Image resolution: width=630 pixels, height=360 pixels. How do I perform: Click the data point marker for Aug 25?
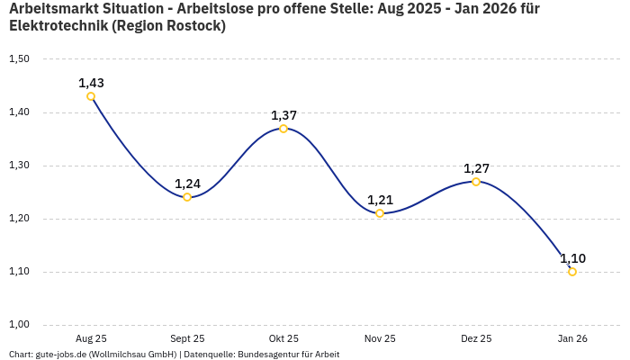click(x=91, y=96)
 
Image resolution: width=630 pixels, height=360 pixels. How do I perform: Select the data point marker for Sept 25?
click(x=187, y=197)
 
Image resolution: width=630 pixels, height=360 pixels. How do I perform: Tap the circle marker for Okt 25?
click(x=283, y=129)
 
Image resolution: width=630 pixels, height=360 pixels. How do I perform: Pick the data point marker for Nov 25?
click(x=380, y=213)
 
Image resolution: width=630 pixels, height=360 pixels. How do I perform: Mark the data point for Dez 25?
click(x=476, y=182)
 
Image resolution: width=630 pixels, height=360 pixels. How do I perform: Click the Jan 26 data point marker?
click(x=572, y=272)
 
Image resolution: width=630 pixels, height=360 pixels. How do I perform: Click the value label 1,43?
click(x=91, y=83)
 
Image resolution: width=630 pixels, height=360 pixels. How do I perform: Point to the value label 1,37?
click(x=283, y=115)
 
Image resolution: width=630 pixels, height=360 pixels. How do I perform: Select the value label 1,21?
click(x=380, y=200)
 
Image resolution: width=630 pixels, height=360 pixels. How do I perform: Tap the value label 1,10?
click(x=572, y=258)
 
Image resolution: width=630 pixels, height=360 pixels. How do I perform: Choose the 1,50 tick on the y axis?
click(x=19, y=59)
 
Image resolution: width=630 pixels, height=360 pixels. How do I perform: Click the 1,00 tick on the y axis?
click(x=19, y=325)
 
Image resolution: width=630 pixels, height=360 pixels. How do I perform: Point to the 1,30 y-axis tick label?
click(x=19, y=166)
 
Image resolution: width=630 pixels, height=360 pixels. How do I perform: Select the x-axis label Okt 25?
click(x=283, y=338)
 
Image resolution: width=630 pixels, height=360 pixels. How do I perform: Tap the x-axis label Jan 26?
click(x=572, y=338)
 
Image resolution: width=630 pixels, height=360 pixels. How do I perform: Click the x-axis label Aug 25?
click(x=91, y=338)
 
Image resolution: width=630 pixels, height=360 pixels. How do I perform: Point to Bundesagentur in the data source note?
click(x=268, y=355)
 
